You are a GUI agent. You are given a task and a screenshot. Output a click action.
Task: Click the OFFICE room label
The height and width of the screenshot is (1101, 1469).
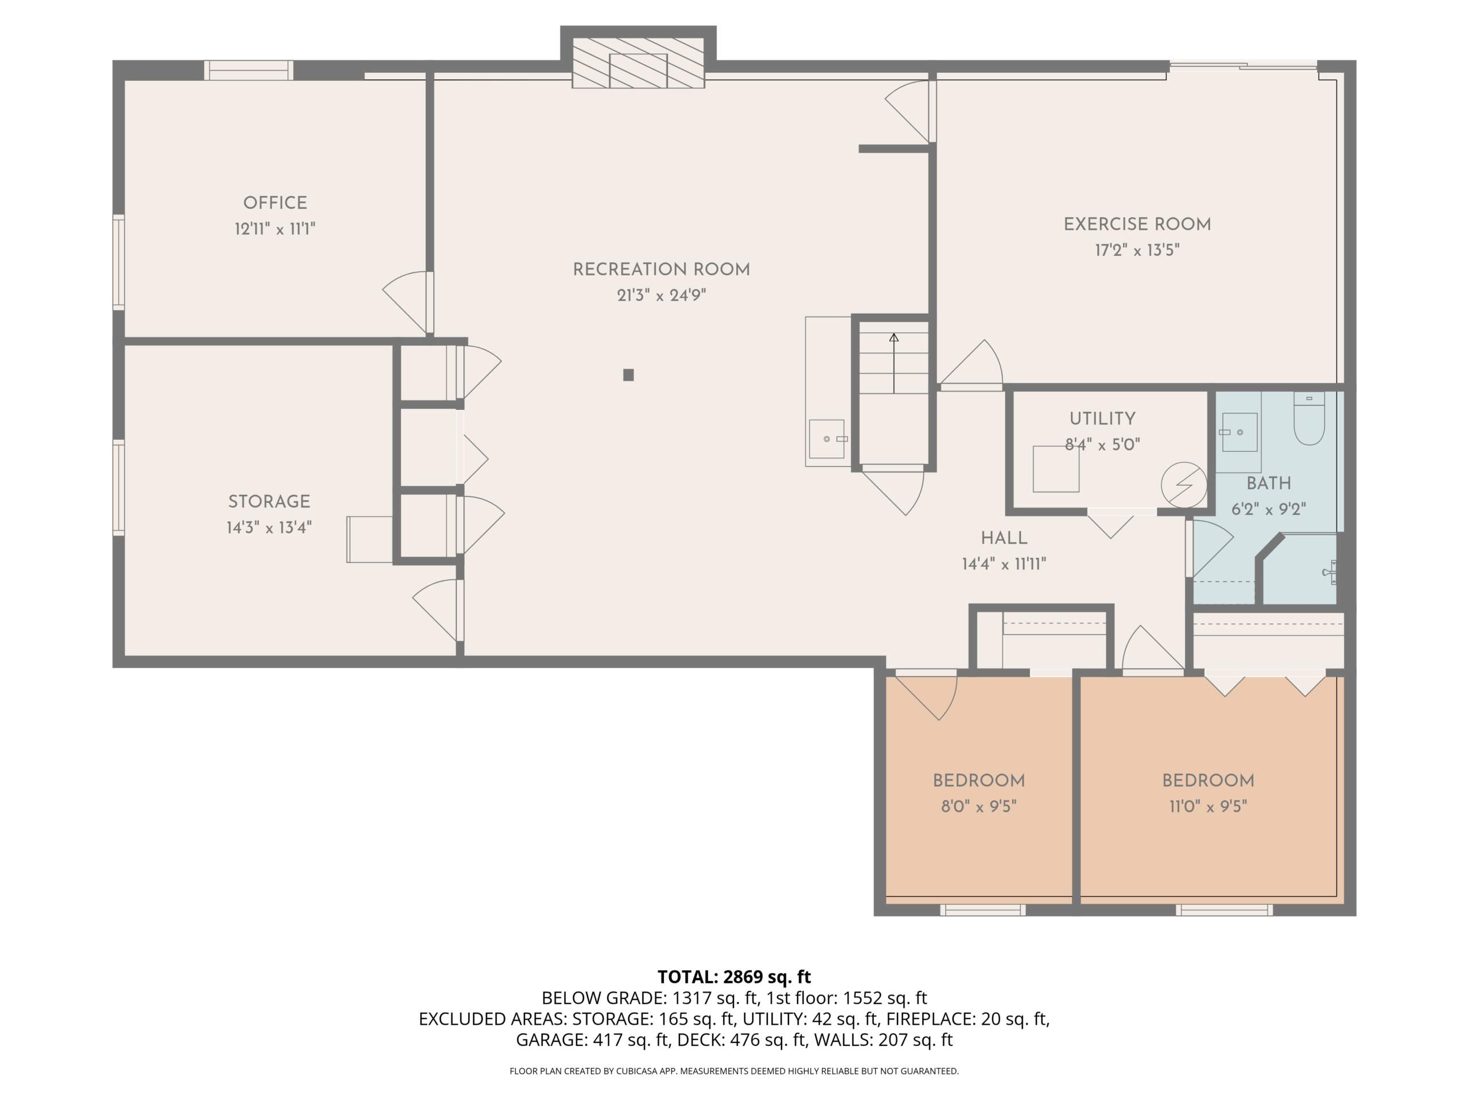[275, 203]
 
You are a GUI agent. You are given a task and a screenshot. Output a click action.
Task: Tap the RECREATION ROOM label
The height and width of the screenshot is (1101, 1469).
[662, 270]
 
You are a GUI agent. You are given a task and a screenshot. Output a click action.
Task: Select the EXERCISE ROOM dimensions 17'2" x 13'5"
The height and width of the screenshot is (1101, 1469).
[1137, 250]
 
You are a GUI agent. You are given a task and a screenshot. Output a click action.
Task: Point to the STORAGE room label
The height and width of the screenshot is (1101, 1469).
[269, 502]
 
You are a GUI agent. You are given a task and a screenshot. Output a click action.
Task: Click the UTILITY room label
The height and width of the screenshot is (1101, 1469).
[1102, 419]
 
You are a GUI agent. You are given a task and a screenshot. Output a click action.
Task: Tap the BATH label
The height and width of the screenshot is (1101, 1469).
[1268, 483]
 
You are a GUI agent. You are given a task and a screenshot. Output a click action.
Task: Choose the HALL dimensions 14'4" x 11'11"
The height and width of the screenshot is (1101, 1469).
[1004, 564]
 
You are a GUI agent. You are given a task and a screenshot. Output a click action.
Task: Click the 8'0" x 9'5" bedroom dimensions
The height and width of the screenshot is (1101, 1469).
[979, 806]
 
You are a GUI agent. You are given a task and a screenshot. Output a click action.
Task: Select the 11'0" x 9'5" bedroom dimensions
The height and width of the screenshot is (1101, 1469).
[1208, 806]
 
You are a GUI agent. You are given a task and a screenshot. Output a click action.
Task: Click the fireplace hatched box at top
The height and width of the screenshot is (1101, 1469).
[638, 63]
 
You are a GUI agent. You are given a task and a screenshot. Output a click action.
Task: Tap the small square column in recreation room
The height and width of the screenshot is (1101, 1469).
[628, 375]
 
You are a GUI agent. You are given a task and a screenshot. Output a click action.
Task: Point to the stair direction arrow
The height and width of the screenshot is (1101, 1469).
[894, 363]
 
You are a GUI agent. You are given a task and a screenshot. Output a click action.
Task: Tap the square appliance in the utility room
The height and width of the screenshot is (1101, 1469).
[1056, 468]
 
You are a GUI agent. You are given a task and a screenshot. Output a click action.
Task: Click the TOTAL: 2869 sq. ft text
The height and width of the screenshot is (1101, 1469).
[734, 977]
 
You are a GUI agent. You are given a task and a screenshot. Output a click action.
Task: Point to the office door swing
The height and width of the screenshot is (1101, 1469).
[405, 302]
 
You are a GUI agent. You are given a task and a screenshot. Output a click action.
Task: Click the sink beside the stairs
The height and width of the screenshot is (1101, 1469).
[827, 439]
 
